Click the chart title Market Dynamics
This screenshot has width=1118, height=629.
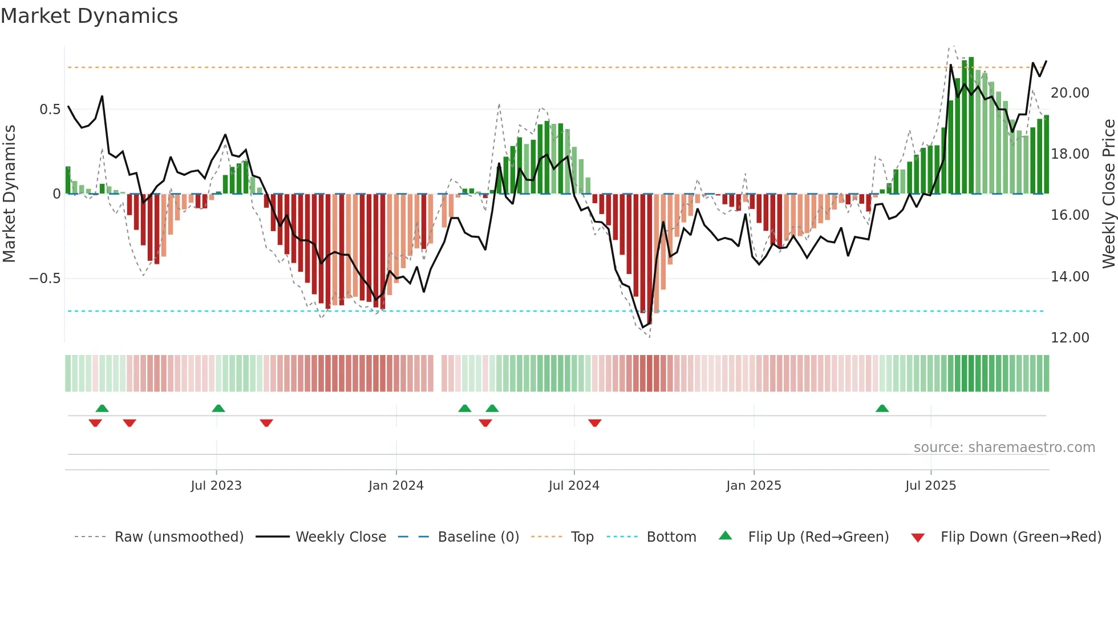click(x=89, y=16)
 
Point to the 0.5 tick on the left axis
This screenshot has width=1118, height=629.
click(x=50, y=110)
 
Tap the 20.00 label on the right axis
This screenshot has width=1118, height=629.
click(x=1070, y=93)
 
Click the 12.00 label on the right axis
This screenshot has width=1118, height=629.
click(x=1070, y=338)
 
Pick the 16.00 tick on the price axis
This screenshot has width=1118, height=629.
click(x=1070, y=215)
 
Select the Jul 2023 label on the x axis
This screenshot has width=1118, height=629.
click(x=216, y=486)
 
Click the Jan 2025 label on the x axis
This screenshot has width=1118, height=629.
click(x=754, y=486)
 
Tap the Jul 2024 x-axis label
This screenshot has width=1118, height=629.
click(x=574, y=486)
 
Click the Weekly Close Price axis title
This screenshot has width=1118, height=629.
click(x=1108, y=193)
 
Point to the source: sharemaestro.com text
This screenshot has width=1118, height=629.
click(x=1004, y=447)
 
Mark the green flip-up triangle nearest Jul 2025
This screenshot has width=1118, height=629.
click(x=882, y=408)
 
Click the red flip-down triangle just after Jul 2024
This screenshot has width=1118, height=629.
click(x=595, y=423)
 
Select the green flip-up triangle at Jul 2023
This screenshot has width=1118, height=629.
click(x=218, y=408)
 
